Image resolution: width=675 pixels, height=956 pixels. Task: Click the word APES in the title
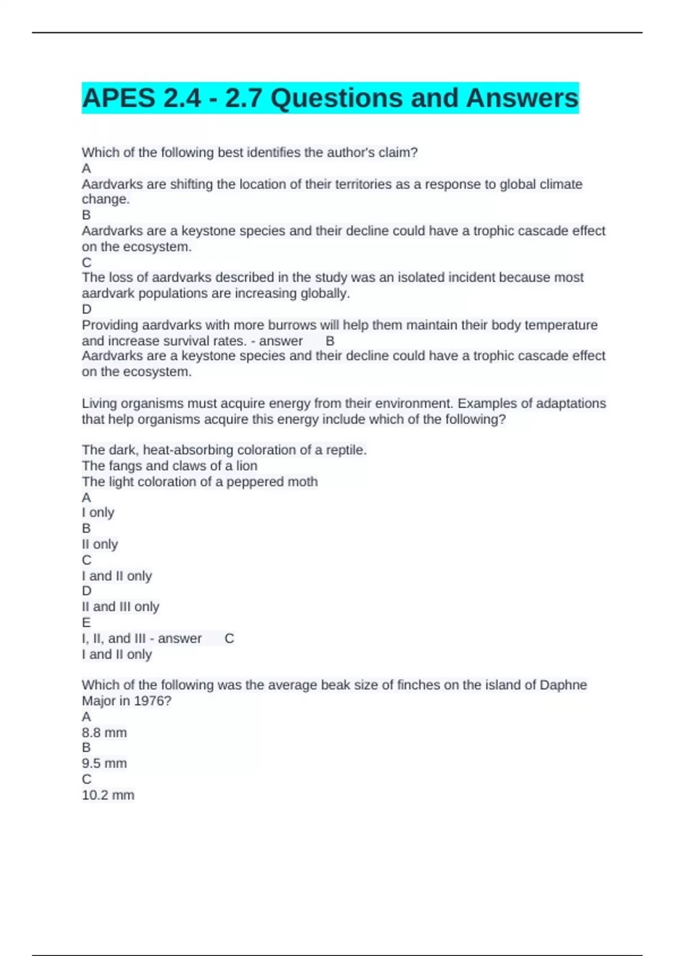(119, 98)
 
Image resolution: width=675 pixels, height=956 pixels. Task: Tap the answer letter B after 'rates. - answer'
(330, 341)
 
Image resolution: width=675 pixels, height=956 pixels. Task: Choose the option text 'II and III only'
(120, 607)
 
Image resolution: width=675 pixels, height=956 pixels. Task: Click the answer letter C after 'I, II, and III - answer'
(229, 638)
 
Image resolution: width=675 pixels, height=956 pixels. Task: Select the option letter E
(86, 623)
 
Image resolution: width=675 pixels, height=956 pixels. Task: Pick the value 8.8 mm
(104, 733)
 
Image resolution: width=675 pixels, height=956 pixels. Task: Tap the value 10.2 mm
(108, 795)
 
